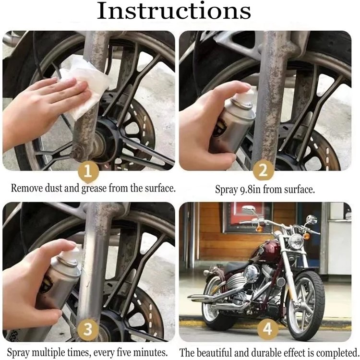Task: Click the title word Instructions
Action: point(174,11)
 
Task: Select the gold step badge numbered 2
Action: point(264,170)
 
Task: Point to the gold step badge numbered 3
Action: point(88,330)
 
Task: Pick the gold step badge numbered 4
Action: point(267,329)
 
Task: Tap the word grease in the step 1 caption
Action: point(94,188)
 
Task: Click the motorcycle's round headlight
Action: point(296,241)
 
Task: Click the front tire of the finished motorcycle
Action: point(305,305)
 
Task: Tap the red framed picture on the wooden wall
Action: point(246,217)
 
